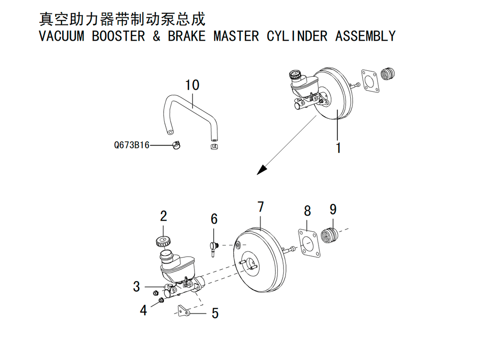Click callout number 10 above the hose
(192, 85)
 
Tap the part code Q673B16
(132, 145)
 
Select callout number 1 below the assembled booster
(338, 148)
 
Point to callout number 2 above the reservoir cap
(163, 216)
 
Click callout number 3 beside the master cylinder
(137, 286)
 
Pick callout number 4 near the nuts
(143, 310)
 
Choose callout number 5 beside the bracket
(215, 313)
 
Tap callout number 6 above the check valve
(214, 219)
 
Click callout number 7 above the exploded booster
(260, 207)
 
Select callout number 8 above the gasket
(308, 211)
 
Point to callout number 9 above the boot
(333, 210)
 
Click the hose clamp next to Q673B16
(176, 145)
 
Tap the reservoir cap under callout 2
(162, 241)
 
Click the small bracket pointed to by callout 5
(184, 311)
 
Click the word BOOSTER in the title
(118, 36)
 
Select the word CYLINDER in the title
(297, 36)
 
